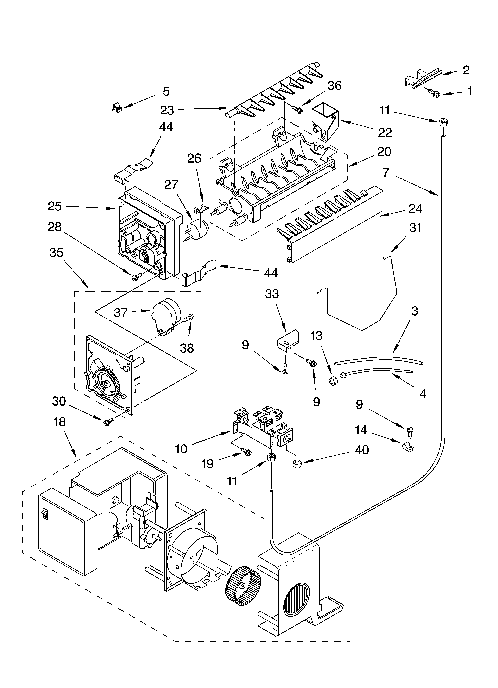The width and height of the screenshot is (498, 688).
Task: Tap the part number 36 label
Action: pyautogui.click(x=335, y=86)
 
